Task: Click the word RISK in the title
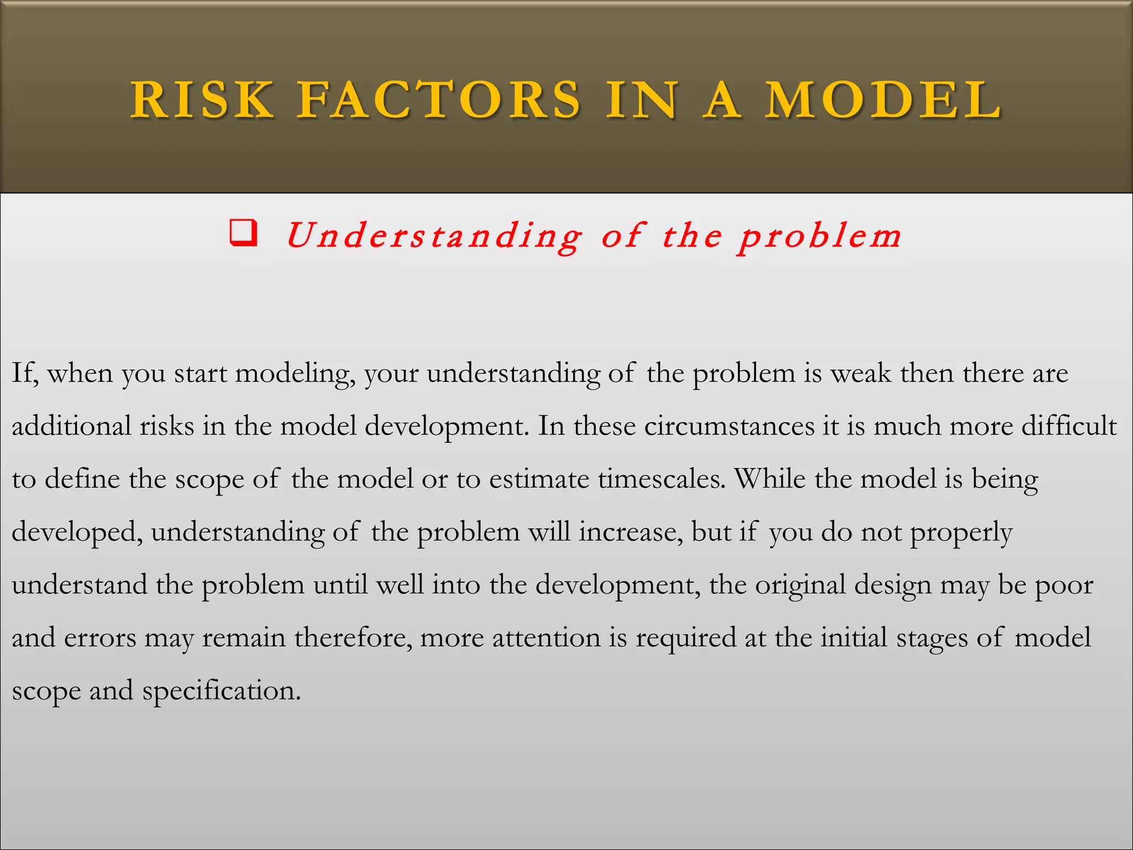pyautogui.click(x=202, y=100)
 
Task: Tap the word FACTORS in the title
pyautogui.click(x=439, y=100)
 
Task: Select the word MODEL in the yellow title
pyautogui.click(x=883, y=100)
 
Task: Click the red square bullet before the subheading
pyautogui.click(x=243, y=233)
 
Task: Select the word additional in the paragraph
pyautogui.click(x=72, y=426)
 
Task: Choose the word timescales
pyautogui.click(x=662, y=479)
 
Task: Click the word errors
pyautogui.click(x=100, y=638)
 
